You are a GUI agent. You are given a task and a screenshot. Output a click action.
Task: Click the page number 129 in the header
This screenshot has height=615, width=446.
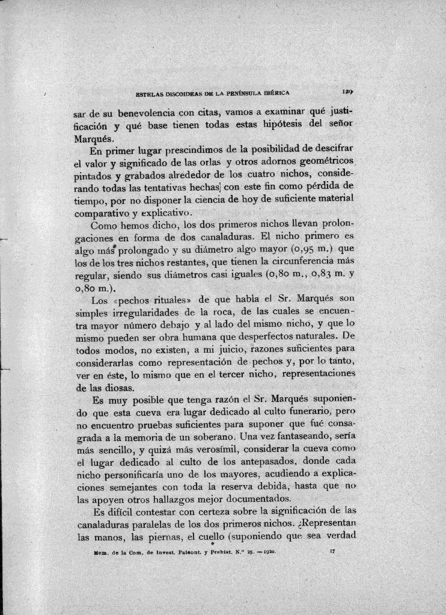[347, 93]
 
